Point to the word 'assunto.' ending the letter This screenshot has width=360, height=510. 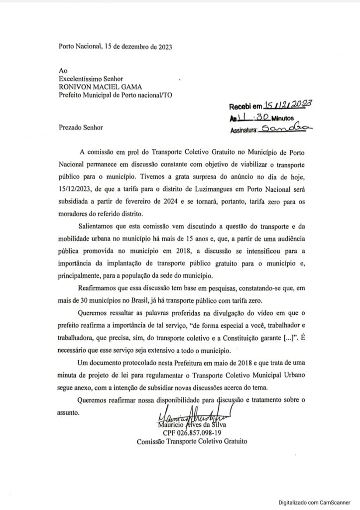pyautogui.click(x=72, y=413)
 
